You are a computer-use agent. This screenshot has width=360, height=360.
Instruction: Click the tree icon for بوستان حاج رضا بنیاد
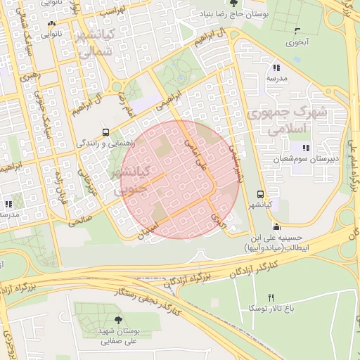pyautogui.click(x=224, y=4)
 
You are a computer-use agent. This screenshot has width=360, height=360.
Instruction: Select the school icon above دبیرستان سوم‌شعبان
pyautogui.click(x=305, y=148)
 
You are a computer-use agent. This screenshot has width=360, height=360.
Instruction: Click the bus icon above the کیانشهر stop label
pyautogui.click(x=261, y=194)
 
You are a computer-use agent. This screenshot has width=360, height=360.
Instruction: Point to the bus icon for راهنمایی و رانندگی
pyautogui.click(x=105, y=131)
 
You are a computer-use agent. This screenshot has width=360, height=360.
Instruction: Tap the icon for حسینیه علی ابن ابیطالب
pyautogui.click(x=276, y=226)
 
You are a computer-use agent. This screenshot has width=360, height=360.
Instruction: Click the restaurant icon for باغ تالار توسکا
pyautogui.click(x=271, y=298)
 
